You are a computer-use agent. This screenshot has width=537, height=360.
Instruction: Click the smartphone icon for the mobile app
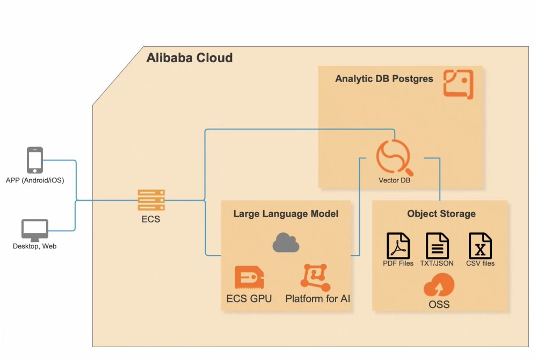coord(35,160)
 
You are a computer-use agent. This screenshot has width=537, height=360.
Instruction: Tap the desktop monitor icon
coord(35,230)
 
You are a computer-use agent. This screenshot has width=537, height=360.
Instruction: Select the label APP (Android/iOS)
coord(35,180)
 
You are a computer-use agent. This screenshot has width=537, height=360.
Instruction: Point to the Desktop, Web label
coord(35,246)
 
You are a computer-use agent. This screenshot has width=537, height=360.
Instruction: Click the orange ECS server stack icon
coord(151,200)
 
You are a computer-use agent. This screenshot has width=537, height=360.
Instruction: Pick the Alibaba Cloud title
coord(190,58)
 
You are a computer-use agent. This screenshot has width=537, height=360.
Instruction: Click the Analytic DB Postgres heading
coord(384,79)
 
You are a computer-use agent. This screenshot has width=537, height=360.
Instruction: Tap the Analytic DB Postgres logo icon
coord(458,84)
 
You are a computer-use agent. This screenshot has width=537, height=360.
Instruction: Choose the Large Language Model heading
coord(286,214)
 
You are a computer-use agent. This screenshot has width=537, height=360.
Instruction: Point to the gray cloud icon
coord(286,243)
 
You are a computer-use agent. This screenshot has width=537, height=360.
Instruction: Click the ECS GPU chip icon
coord(249,277)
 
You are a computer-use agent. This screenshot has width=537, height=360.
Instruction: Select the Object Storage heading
coord(441,214)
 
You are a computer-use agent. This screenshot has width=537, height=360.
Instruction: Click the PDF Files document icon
coord(398,246)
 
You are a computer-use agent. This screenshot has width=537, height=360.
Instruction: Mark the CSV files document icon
coord(480,246)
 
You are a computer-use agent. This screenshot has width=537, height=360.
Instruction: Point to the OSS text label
coord(439,305)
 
